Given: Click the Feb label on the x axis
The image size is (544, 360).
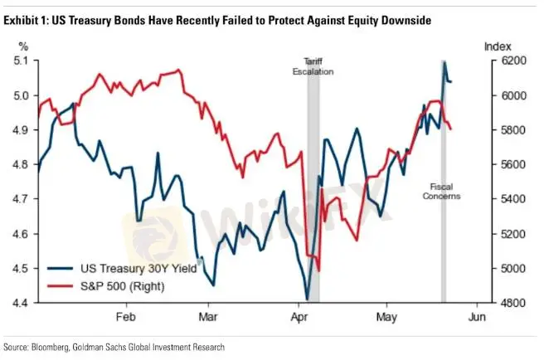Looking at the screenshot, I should (x=125, y=318).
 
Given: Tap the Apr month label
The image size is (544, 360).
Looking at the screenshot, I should (x=299, y=318).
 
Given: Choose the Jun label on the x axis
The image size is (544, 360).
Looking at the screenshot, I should (x=476, y=318).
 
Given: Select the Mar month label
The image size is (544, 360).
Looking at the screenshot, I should (x=209, y=318).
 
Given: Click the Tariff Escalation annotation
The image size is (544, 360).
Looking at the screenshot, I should (x=313, y=66).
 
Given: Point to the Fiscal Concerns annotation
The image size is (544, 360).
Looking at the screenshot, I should (x=440, y=192).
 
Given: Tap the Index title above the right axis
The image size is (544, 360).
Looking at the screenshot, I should (x=498, y=47).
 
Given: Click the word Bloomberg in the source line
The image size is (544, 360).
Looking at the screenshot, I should (x=52, y=347).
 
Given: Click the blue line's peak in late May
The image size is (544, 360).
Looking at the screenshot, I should (x=444, y=61).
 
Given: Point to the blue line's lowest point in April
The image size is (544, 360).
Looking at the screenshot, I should (x=307, y=299).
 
